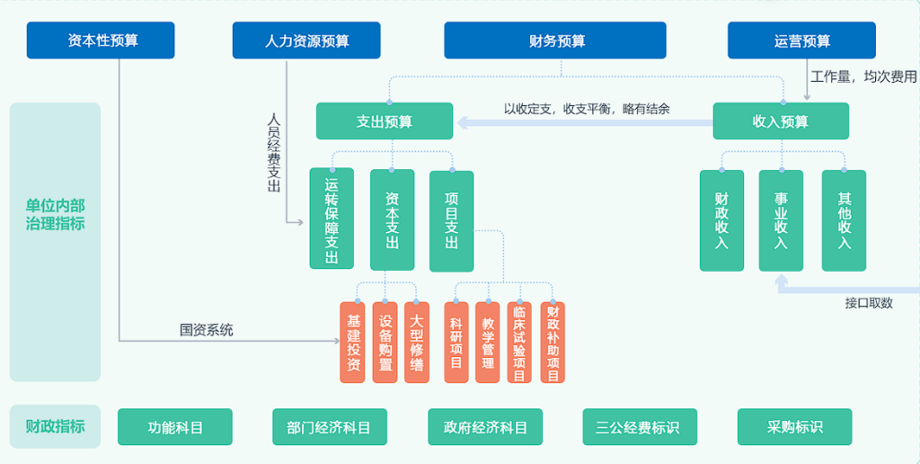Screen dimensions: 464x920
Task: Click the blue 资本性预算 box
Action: [101, 40]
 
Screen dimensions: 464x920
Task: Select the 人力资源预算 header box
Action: [306, 40]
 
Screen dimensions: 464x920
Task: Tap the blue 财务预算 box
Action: [555, 40]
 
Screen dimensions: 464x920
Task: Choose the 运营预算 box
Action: [801, 40]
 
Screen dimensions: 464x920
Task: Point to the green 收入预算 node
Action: [780, 121]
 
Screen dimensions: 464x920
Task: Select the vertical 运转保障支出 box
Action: [332, 219]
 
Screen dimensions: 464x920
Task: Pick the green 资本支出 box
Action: [392, 219]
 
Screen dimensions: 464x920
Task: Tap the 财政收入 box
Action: [721, 220]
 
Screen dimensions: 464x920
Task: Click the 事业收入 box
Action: [781, 220]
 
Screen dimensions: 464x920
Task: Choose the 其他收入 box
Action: [844, 220]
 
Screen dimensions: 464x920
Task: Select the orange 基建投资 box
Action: [353, 343]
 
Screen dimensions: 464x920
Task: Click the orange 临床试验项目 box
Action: [519, 343]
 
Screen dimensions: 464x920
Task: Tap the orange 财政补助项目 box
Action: [553, 343]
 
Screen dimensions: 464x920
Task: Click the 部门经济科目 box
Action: [329, 427]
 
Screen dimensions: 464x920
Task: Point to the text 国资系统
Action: [206, 330]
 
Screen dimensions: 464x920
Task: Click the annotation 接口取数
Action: [869, 303]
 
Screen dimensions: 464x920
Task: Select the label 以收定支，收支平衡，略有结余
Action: [586, 109]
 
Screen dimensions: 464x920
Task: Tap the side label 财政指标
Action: [55, 426]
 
